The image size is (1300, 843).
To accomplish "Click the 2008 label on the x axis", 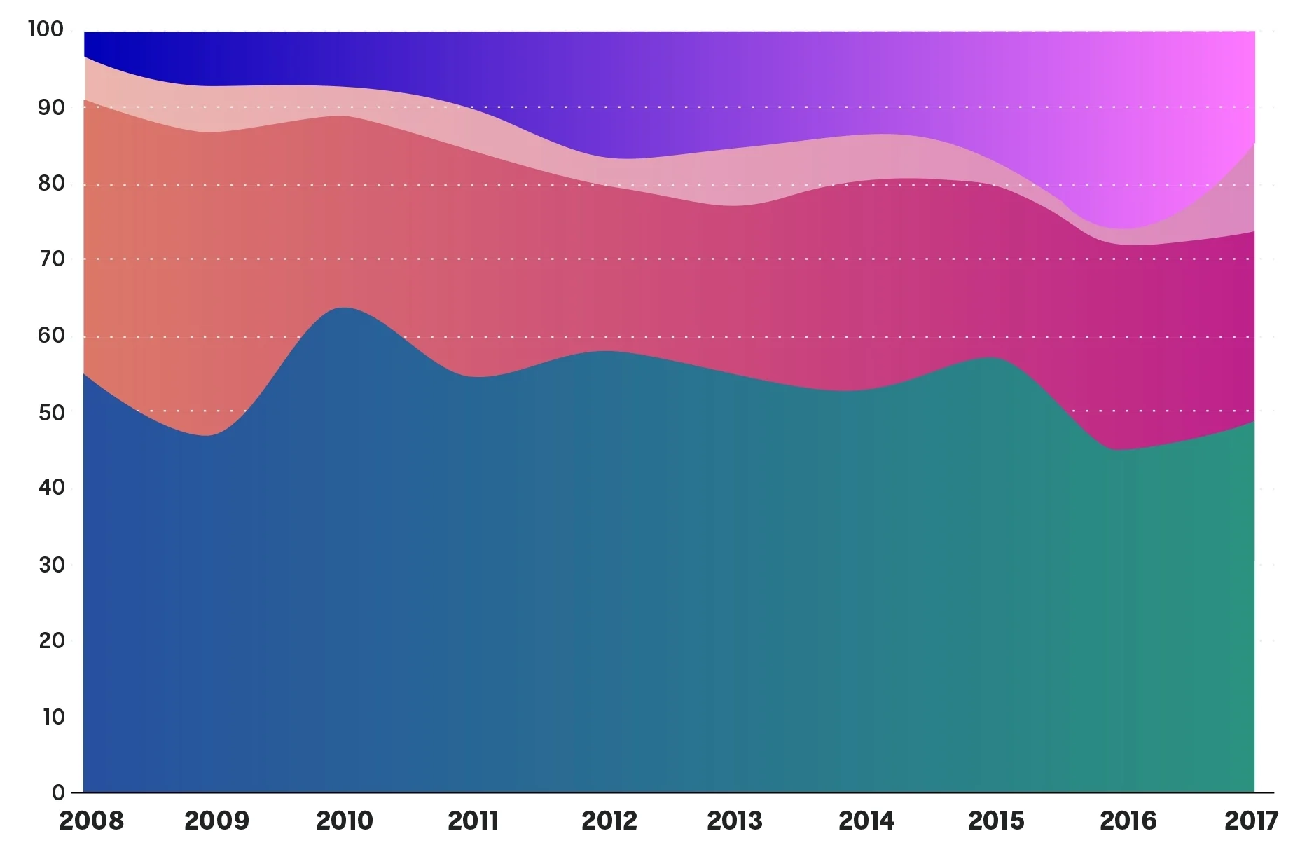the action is point(92,820).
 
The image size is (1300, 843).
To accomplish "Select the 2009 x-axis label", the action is point(216,820).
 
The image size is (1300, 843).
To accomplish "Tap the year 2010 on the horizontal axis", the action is point(345,820).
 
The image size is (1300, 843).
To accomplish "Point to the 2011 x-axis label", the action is point(473,820).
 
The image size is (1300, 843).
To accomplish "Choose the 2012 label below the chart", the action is point(609,820).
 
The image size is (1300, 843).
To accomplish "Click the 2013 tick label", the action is point(734,820).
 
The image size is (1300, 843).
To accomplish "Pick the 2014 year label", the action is point(866,820).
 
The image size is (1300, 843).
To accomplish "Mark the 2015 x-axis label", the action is point(996,820).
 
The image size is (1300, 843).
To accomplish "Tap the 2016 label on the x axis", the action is point(1128,820).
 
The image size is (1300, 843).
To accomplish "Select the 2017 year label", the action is point(1251,820).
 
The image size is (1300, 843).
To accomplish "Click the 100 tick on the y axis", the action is point(46,29).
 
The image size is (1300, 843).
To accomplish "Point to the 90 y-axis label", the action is point(51,107).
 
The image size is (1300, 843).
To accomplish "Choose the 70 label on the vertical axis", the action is point(51,259).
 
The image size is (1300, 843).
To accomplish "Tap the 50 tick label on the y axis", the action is point(51,412).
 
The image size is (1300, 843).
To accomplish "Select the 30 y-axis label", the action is point(51,564).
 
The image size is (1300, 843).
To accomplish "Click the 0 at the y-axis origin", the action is point(58,793).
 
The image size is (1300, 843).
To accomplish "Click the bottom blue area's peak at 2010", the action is point(345,308).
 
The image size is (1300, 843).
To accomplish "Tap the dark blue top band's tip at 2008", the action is point(84,57).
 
